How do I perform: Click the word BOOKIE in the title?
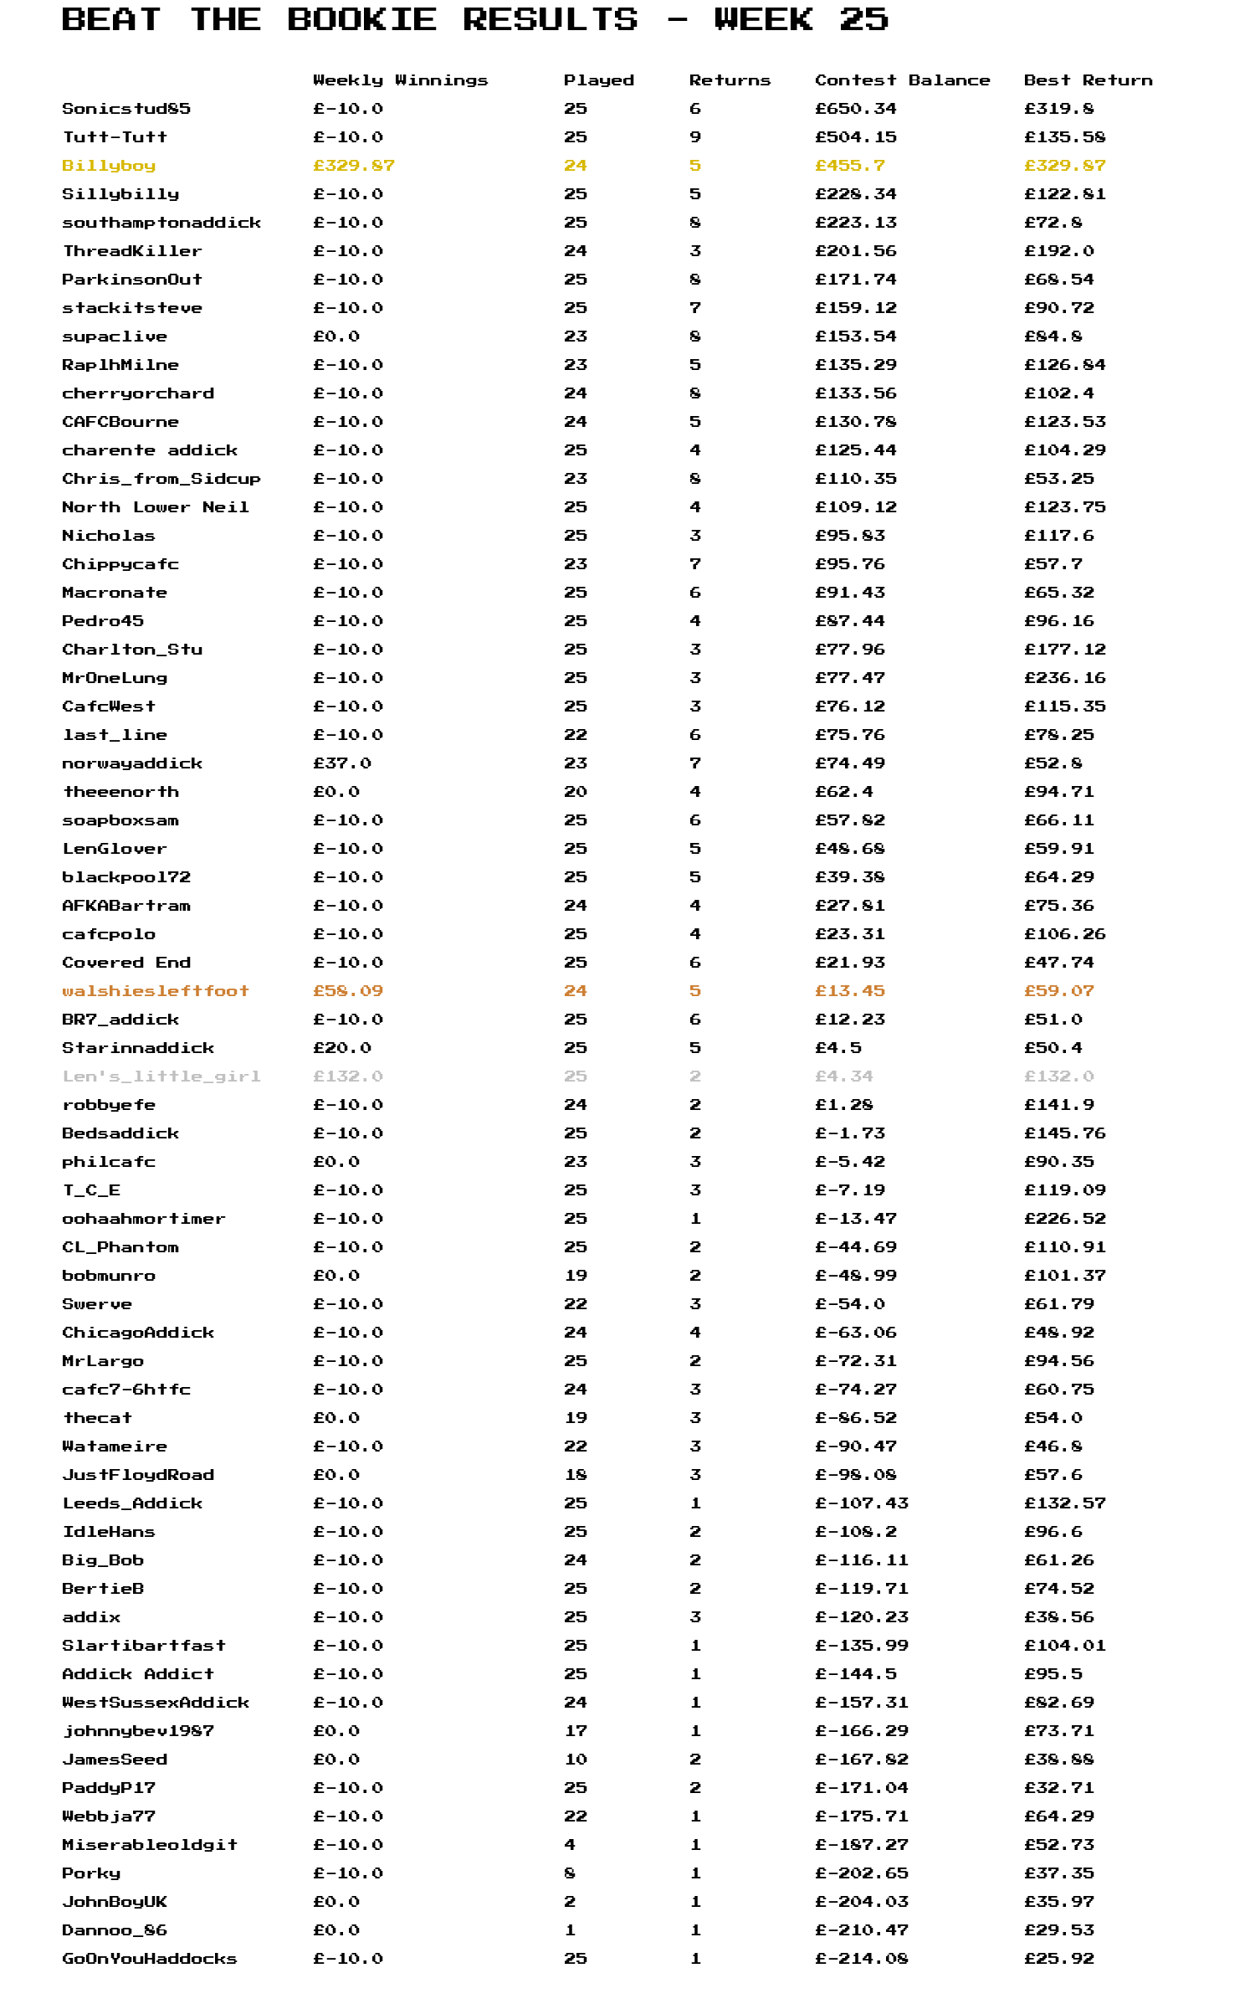click(361, 19)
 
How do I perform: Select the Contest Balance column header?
click(902, 80)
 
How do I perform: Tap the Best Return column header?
click(1088, 80)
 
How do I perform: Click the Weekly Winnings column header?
click(400, 80)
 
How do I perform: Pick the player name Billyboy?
click(109, 166)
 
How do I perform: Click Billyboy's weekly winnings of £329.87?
click(353, 166)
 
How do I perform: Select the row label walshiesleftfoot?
click(156, 991)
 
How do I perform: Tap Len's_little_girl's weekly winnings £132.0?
click(347, 1076)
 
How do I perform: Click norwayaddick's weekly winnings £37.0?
click(341, 763)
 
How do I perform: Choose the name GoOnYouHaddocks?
click(149, 1959)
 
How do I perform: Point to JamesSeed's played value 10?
click(576, 1760)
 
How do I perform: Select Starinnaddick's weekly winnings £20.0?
click(341, 1048)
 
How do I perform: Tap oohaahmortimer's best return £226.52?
click(1064, 1219)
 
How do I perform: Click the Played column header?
click(598, 80)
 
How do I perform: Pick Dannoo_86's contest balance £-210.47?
click(861, 1930)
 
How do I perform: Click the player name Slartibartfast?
click(144, 1646)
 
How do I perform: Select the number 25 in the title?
click(863, 19)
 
